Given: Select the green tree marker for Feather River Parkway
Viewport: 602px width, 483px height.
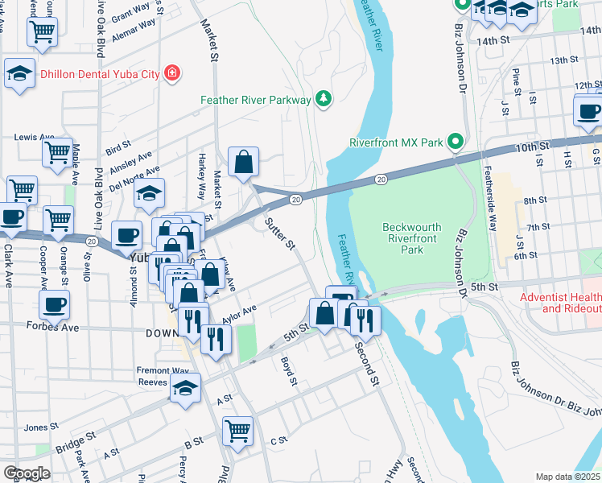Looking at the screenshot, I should pyautogui.click(x=323, y=99).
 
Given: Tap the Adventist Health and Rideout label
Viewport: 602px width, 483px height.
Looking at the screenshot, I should pyautogui.click(x=560, y=303).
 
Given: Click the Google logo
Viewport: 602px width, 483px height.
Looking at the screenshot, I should pyautogui.click(x=27, y=473).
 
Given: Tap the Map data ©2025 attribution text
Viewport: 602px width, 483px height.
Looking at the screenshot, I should pyautogui.click(x=567, y=477).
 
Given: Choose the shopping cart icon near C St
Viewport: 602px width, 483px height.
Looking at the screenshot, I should pyautogui.click(x=238, y=430).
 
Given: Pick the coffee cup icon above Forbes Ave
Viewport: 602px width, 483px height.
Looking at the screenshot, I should pyautogui.click(x=55, y=304).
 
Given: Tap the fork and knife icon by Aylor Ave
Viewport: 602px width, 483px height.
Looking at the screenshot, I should pyautogui.click(x=215, y=338).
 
